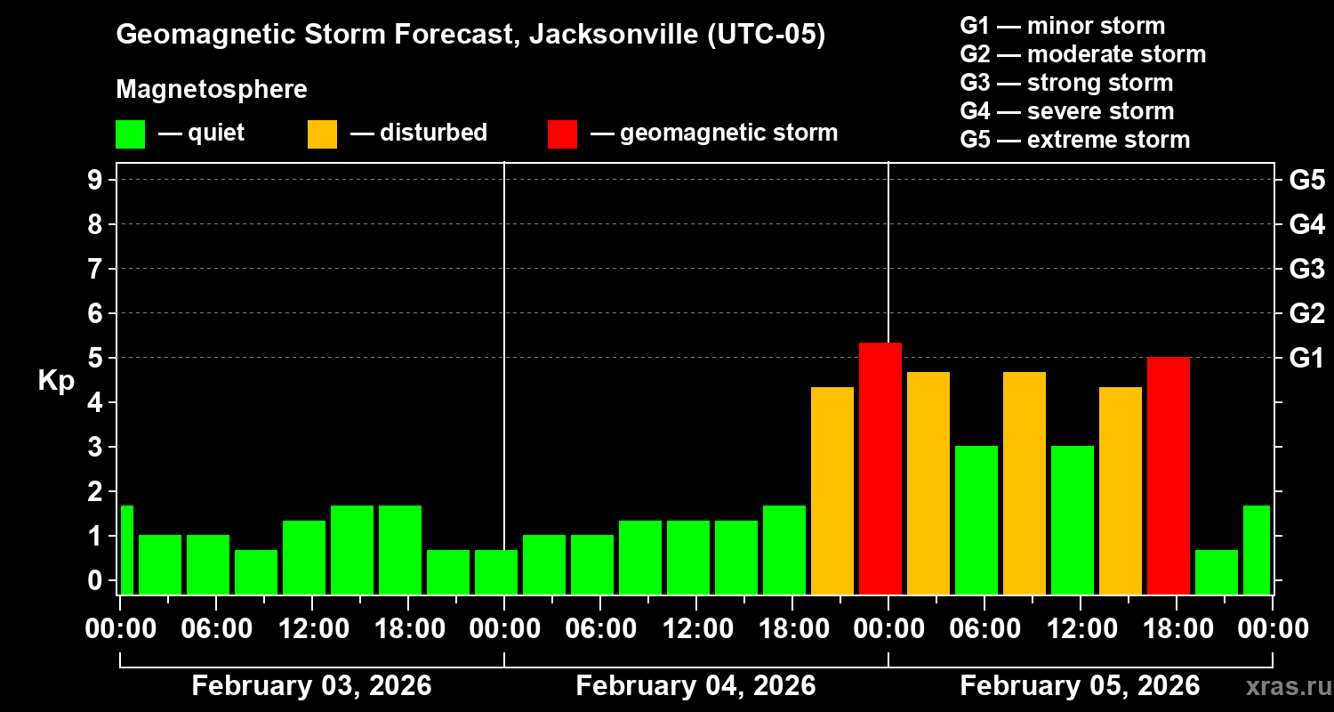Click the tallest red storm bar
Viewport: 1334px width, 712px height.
(880, 467)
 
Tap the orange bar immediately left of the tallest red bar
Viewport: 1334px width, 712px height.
(832, 489)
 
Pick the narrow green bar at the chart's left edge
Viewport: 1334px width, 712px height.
(126, 549)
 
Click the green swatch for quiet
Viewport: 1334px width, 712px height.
(130, 134)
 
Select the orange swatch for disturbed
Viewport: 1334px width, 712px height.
(322, 134)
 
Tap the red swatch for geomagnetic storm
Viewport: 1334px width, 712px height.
(562, 134)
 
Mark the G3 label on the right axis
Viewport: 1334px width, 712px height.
(1306, 269)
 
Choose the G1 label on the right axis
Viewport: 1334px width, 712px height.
(1306, 359)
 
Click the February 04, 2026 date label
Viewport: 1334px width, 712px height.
(695, 686)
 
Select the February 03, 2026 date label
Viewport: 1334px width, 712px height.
(311, 686)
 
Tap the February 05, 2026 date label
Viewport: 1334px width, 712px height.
(1080, 686)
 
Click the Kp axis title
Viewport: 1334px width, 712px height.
(56, 381)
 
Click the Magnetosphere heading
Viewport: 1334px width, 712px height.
(212, 90)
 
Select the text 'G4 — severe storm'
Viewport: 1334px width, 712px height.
(1066, 111)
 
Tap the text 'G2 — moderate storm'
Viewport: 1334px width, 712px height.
(1082, 54)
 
